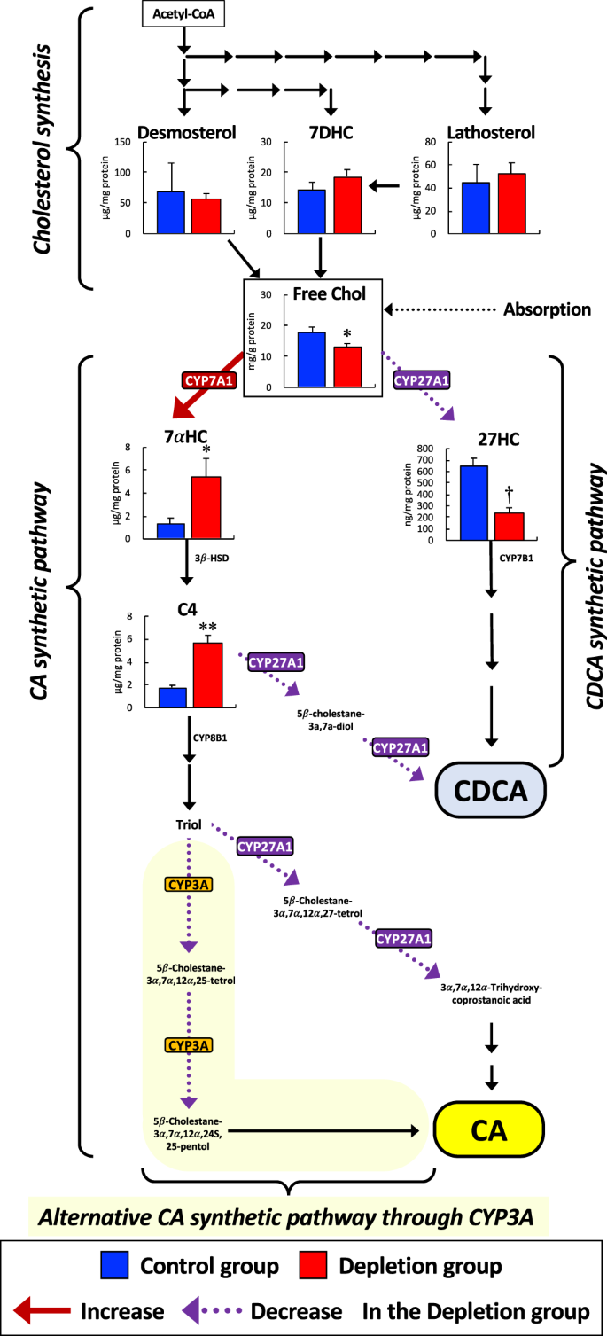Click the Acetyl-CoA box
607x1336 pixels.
click(182, 14)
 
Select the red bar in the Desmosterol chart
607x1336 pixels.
click(206, 215)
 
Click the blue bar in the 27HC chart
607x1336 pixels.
click(473, 502)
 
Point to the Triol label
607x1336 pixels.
click(188, 824)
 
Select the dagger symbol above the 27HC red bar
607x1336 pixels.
click(510, 492)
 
